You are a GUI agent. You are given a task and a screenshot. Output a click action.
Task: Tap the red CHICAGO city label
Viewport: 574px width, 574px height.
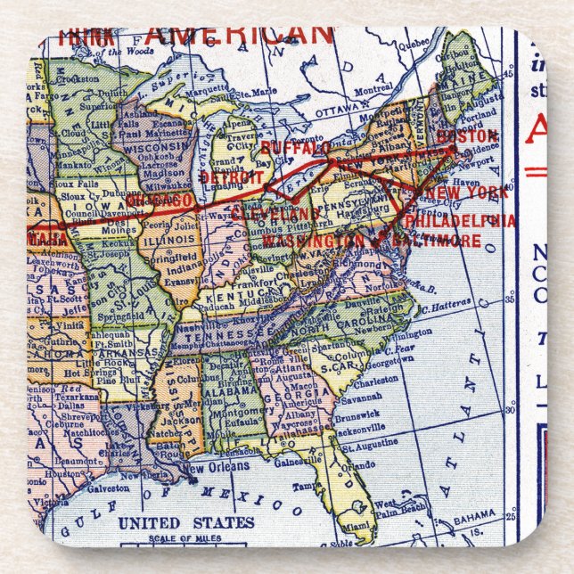(x=160, y=202)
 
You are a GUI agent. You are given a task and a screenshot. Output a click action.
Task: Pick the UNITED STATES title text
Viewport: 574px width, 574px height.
(x=186, y=522)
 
